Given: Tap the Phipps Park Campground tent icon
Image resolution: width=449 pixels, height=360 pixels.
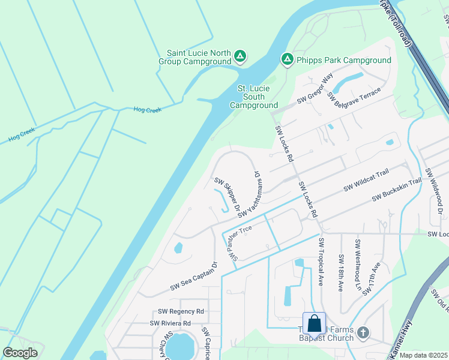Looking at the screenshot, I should (287, 59).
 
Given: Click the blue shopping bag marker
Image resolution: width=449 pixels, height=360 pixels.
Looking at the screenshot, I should (314, 324).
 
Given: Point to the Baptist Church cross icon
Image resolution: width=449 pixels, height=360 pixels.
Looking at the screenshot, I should (363, 332).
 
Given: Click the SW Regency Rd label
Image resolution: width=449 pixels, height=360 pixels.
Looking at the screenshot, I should (181, 311).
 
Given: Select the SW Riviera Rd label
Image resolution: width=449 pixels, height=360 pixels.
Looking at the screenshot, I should (170, 323).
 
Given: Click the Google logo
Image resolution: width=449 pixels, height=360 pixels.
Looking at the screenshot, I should (20, 353).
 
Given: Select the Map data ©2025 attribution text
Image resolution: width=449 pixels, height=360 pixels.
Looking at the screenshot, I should (423, 355).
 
